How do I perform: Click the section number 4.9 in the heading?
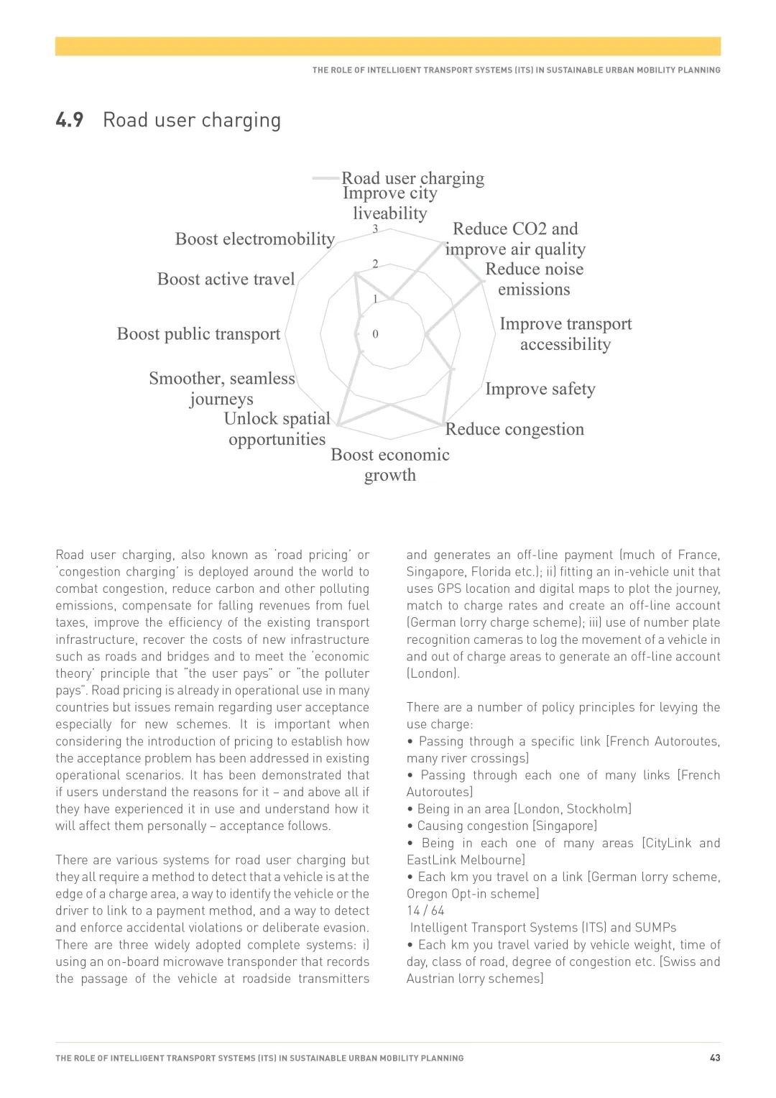(70, 120)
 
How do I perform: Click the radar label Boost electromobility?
(255, 239)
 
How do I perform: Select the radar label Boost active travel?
(226, 280)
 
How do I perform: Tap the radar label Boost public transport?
(198, 334)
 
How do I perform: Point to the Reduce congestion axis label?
(514, 429)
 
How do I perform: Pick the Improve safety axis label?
(540, 389)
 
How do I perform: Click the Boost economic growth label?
(390, 465)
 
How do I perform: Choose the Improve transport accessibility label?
(565, 334)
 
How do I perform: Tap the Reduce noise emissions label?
(535, 280)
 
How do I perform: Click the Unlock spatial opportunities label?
(277, 429)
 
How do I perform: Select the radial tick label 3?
(375, 229)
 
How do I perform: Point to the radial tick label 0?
(375, 334)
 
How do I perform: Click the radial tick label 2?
(375, 264)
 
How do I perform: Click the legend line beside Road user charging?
(325, 178)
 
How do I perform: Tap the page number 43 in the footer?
(715, 1058)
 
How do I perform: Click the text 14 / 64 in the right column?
(425, 910)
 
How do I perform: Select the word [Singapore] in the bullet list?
(565, 826)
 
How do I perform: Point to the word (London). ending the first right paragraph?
(433, 673)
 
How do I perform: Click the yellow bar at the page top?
(388, 47)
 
